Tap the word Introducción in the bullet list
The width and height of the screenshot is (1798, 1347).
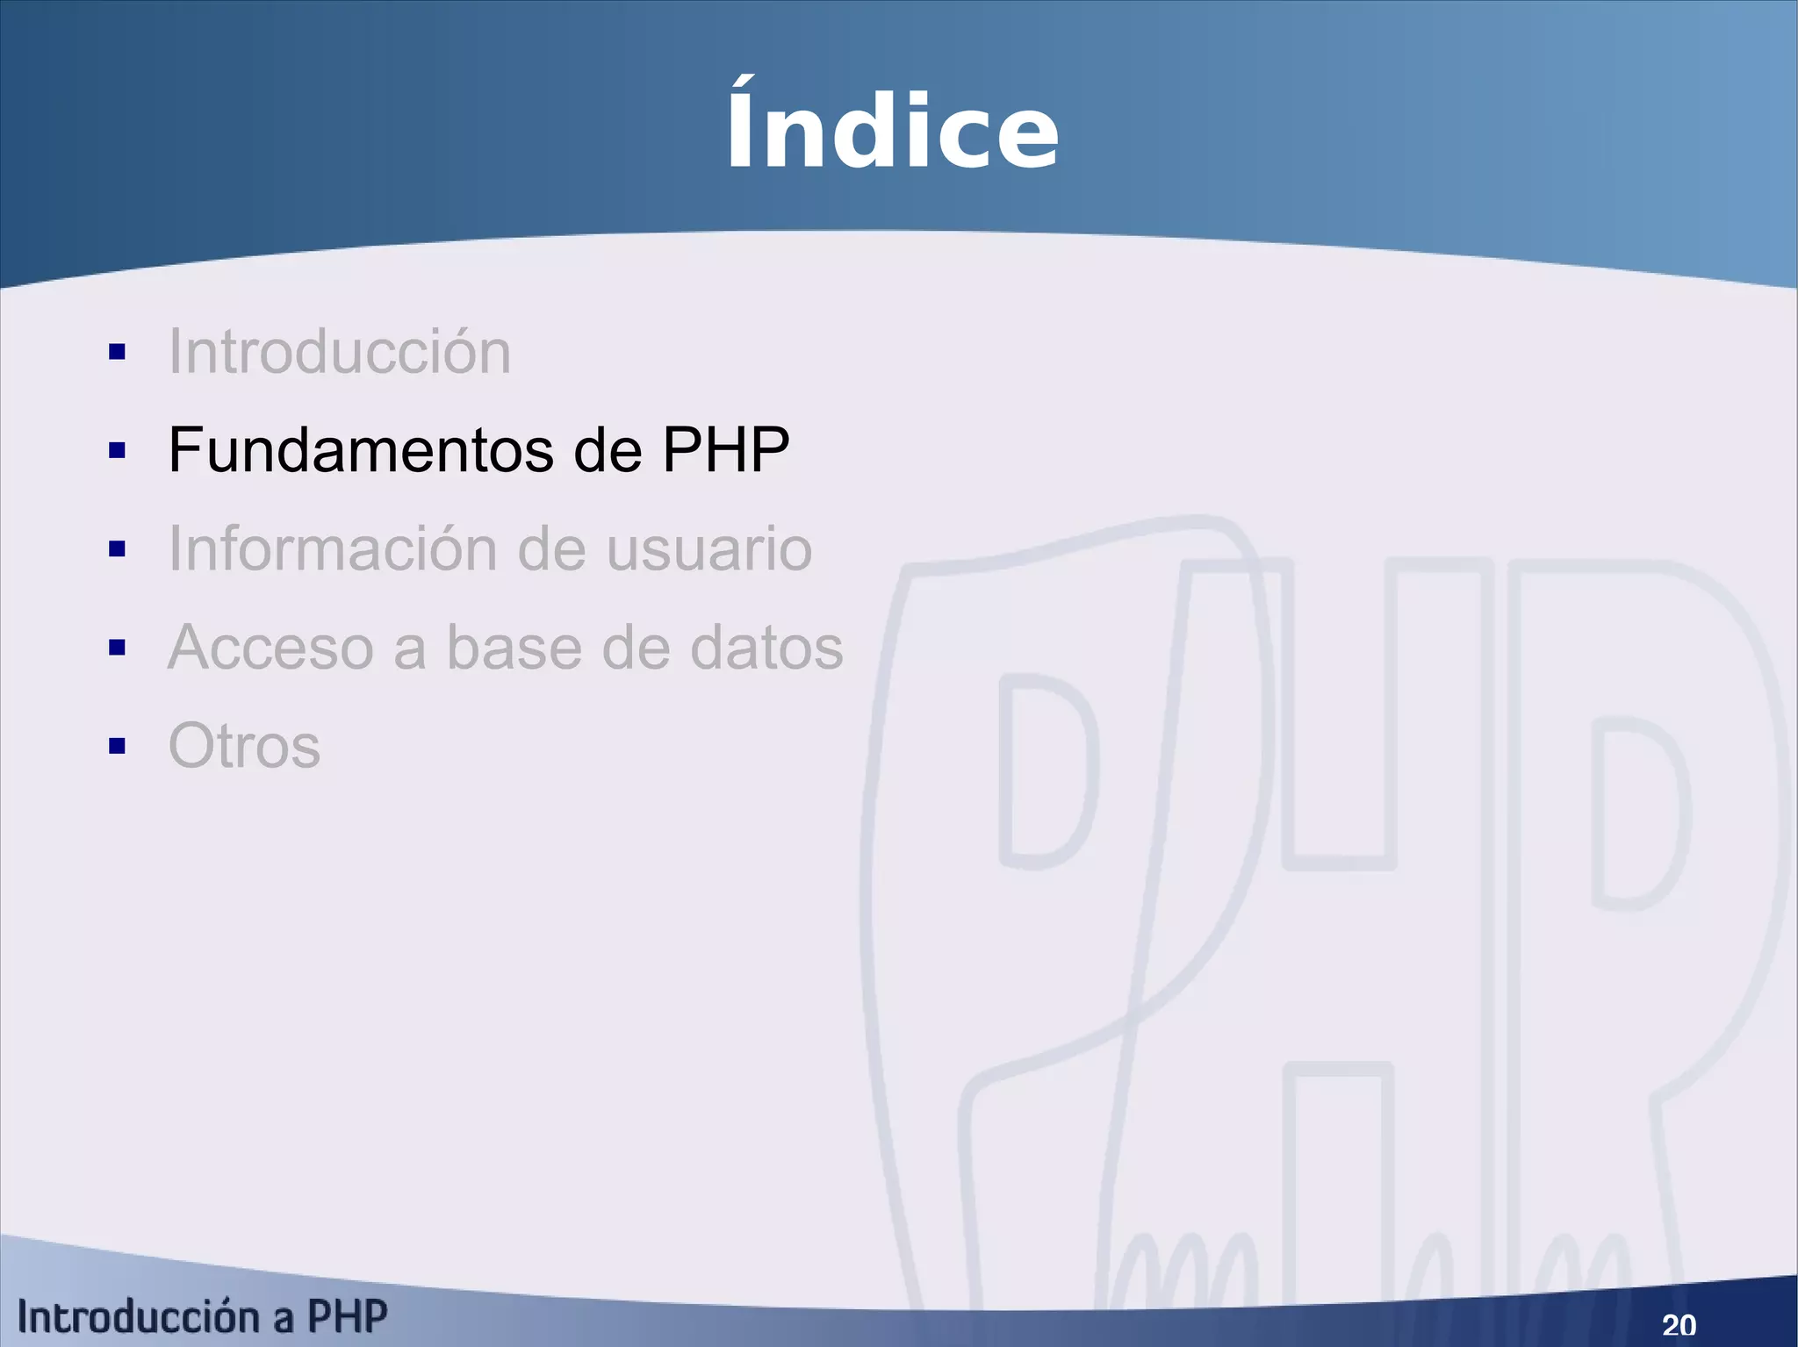340,352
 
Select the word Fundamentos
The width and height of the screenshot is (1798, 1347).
361,450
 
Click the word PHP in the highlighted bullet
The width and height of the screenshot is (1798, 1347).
725,450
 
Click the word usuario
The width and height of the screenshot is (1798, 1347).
709,550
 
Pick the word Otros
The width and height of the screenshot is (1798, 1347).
244,746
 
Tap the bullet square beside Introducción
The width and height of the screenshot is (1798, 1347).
117,353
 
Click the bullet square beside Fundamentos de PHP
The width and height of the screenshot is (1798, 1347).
117,451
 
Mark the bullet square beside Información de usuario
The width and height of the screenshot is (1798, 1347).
117,549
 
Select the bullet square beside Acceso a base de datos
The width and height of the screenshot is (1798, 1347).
117,648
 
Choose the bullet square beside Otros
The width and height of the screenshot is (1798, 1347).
117,746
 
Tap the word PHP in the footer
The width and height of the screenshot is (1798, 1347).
347,1317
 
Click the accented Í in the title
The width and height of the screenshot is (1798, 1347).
742,125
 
